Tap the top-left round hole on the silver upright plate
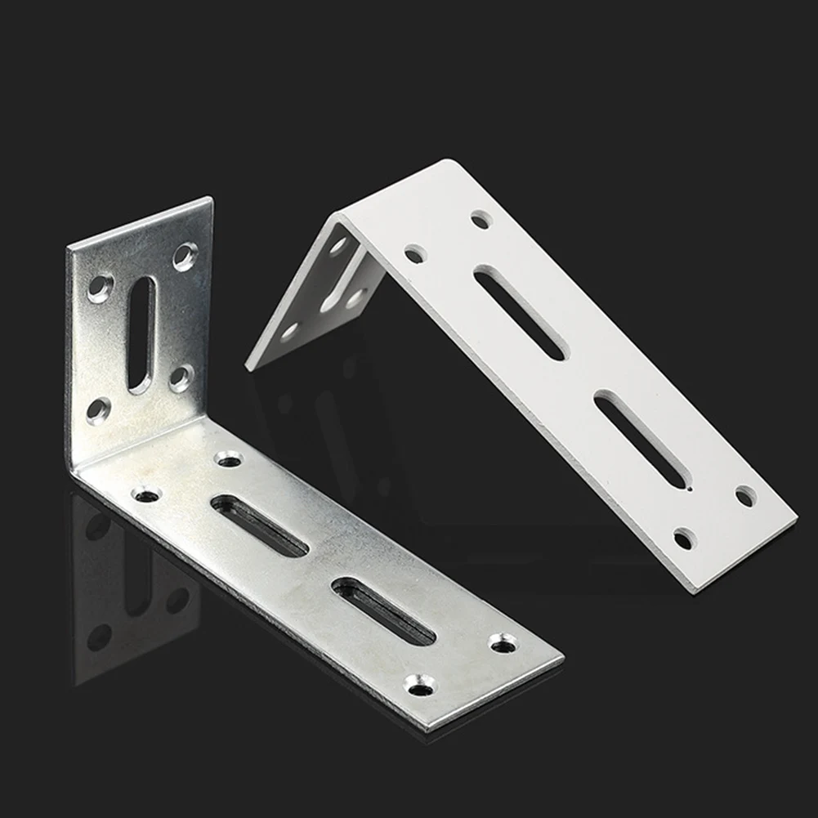[x=101, y=287]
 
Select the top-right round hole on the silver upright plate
[x=185, y=257]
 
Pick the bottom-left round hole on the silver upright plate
[x=99, y=408]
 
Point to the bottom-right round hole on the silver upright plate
[x=180, y=377]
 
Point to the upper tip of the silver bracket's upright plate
[x=209, y=199]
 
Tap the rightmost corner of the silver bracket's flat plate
[x=562, y=655]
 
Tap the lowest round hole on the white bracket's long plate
[x=684, y=539]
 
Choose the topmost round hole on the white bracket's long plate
[x=481, y=218]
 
